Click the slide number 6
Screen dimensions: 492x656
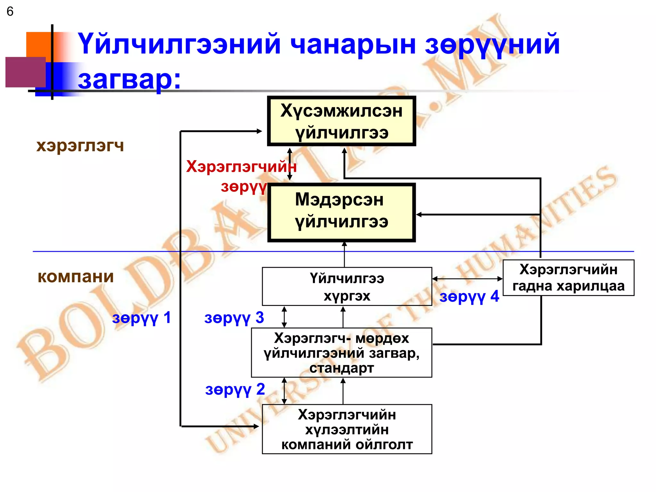point(10,12)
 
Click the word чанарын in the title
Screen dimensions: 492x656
point(353,45)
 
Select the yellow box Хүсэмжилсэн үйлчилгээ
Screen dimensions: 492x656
point(341,121)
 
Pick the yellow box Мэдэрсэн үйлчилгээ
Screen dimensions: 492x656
point(341,212)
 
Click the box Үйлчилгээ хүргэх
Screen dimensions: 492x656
point(347,287)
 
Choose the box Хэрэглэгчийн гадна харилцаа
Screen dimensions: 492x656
point(568,278)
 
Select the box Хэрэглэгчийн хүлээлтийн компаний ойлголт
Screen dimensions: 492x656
point(347,429)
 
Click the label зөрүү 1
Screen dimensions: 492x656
point(141,318)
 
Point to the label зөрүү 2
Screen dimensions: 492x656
point(235,390)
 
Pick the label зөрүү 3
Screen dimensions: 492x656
point(234,318)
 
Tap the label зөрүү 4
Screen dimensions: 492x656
point(469,297)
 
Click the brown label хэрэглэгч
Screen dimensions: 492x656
point(80,146)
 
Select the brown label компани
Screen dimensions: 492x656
point(76,277)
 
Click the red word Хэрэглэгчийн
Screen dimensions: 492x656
point(241,167)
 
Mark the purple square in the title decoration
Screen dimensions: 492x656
point(26,72)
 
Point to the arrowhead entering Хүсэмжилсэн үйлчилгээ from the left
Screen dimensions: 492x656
point(259,131)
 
